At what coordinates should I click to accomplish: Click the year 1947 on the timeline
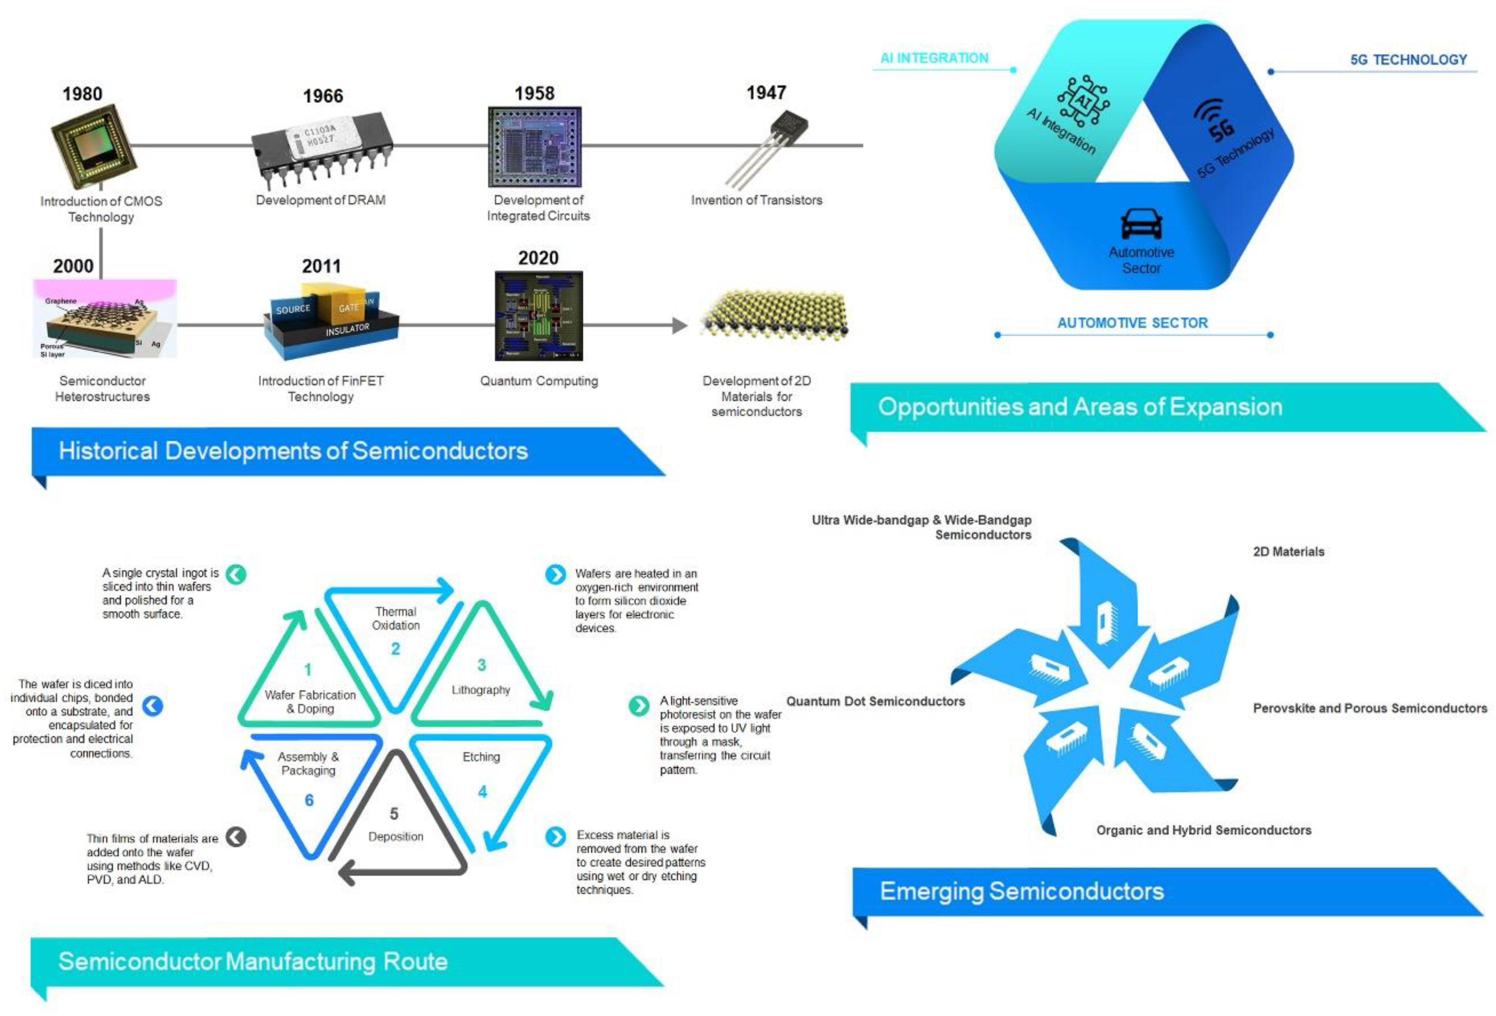(x=766, y=93)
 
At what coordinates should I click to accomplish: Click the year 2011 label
(x=321, y=266)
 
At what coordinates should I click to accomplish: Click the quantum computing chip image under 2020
(x=539, y=316)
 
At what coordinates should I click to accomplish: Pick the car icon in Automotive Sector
(x=1141, y=223)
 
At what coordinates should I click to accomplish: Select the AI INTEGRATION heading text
(x=934, y=58)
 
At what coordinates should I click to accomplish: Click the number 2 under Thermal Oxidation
(x=395, y=648)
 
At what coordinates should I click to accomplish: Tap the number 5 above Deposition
(x=394, y=814)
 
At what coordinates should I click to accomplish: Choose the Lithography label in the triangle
(x=481, y=690)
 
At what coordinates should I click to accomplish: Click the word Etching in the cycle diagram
(x=481, y=757)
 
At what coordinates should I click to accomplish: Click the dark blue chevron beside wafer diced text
(x=153, y=706)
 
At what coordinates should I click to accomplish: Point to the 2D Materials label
(x=1288, y=551)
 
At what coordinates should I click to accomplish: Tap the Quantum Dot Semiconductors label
(x=875, y=701)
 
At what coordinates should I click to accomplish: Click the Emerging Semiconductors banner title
(x=1022, y=891)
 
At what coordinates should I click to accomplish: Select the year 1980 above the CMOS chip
(x=82, y=94)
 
